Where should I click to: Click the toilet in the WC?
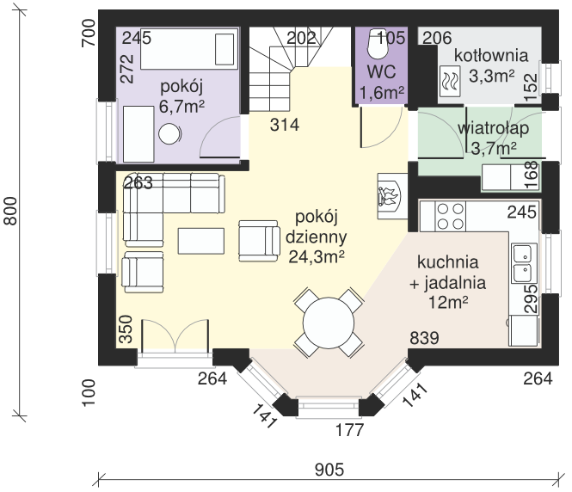point(377,44)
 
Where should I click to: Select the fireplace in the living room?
point(392,196)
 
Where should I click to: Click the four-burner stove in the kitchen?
point(450,216)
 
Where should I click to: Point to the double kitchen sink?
point(524,263)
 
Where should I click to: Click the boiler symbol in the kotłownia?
point(450,81)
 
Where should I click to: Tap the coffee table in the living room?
point(201,241)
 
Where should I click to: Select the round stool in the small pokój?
point(169,134)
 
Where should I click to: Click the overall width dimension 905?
point(329,470)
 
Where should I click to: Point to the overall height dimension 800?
point(11,212)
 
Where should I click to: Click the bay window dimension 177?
point(349,430)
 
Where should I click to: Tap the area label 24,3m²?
point(317,257)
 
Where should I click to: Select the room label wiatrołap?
point(493,128)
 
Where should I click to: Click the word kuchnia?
point(447,262)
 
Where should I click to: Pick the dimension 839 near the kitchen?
point(424,338)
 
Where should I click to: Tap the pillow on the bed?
point(224,49)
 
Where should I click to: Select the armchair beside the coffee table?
point(259,241)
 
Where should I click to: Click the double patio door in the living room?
point(175,336)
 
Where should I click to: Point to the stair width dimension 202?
point(301,38)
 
